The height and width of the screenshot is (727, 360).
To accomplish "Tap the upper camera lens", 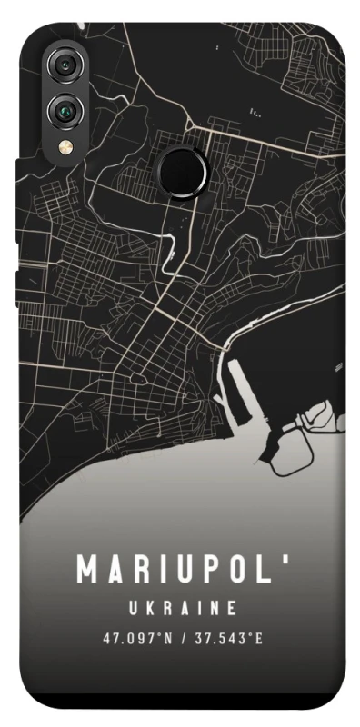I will click(x=65, y=66).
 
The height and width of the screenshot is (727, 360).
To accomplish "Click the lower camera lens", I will click(x=65, y=110).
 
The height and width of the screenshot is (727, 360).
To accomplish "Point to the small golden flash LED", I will click(x=65, y=145).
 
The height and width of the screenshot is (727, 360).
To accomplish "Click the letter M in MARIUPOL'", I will click(x=88, y=571).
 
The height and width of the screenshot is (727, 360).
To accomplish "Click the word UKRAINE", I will click(x=180, y=606).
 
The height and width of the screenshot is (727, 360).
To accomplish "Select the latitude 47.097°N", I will click(x=137, y=638).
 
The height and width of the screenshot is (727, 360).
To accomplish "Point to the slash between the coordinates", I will click(x=181, y=638).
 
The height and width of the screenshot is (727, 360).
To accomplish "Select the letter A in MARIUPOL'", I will click(x=115, y=571).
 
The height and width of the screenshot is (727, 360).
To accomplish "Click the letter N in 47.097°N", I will click(x=167, y=638).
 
